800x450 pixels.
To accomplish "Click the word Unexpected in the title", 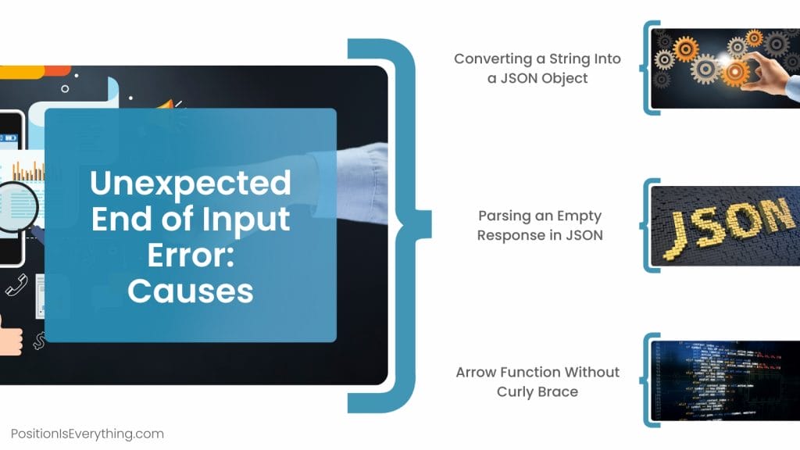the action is pos(191,183).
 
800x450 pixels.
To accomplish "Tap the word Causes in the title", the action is pos(191,291).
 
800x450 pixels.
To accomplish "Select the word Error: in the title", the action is pos(191,255).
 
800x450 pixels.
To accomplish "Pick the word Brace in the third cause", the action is pos(559,392).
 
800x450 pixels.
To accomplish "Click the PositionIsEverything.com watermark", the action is pos(87,434).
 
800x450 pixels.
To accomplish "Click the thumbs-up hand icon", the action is pos(10,335).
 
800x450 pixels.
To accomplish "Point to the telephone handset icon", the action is pos(16,285).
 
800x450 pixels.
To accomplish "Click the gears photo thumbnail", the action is pos(726,69).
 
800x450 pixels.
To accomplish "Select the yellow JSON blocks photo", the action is pos(726,226).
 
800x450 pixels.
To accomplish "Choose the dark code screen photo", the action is pos(726,381).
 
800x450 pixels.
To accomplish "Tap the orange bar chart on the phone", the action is pos(29,171).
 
